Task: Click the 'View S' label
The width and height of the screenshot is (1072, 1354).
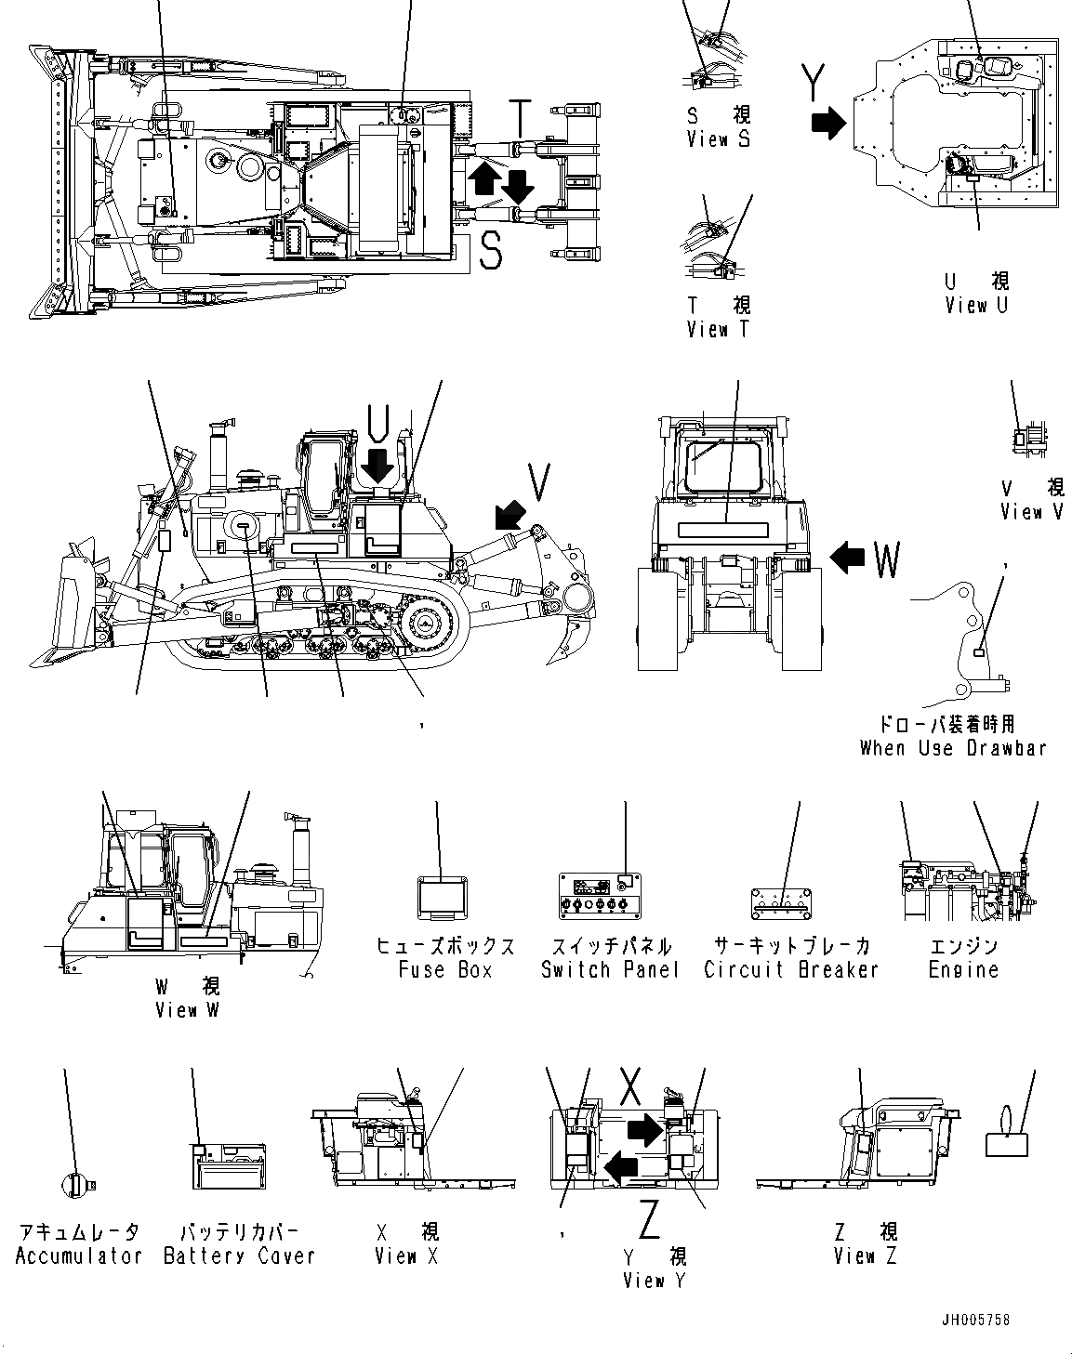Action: pos(718,138)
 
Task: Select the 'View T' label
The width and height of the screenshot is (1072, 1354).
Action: pos(718,329)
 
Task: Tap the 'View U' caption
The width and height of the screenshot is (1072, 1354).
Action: pos(975,305)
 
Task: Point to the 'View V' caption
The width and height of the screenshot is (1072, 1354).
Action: pos(1031,511)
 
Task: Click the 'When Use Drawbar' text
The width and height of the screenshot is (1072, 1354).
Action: pos(953,747)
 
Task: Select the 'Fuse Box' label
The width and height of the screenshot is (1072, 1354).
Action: pos(444,969)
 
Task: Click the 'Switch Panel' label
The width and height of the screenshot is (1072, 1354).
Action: pos(610,969)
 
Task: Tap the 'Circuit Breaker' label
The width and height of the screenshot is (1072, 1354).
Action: pos(791,969)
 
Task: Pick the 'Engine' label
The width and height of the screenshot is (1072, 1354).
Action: pos(963,969)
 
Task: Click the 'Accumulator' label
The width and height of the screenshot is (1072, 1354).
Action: pos(79,1255)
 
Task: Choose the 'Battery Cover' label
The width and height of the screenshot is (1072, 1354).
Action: pos(240,1255)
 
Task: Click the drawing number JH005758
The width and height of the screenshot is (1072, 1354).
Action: pos(973,1320)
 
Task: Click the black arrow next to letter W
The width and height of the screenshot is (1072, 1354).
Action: pos(847,558)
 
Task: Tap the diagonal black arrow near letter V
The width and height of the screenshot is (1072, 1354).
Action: pos(510,510)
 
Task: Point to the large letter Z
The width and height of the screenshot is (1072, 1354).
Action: pos(650,1219)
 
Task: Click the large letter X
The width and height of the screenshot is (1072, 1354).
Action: pos(631,1084)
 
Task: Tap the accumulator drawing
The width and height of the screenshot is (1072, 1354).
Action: pos(74,1183)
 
